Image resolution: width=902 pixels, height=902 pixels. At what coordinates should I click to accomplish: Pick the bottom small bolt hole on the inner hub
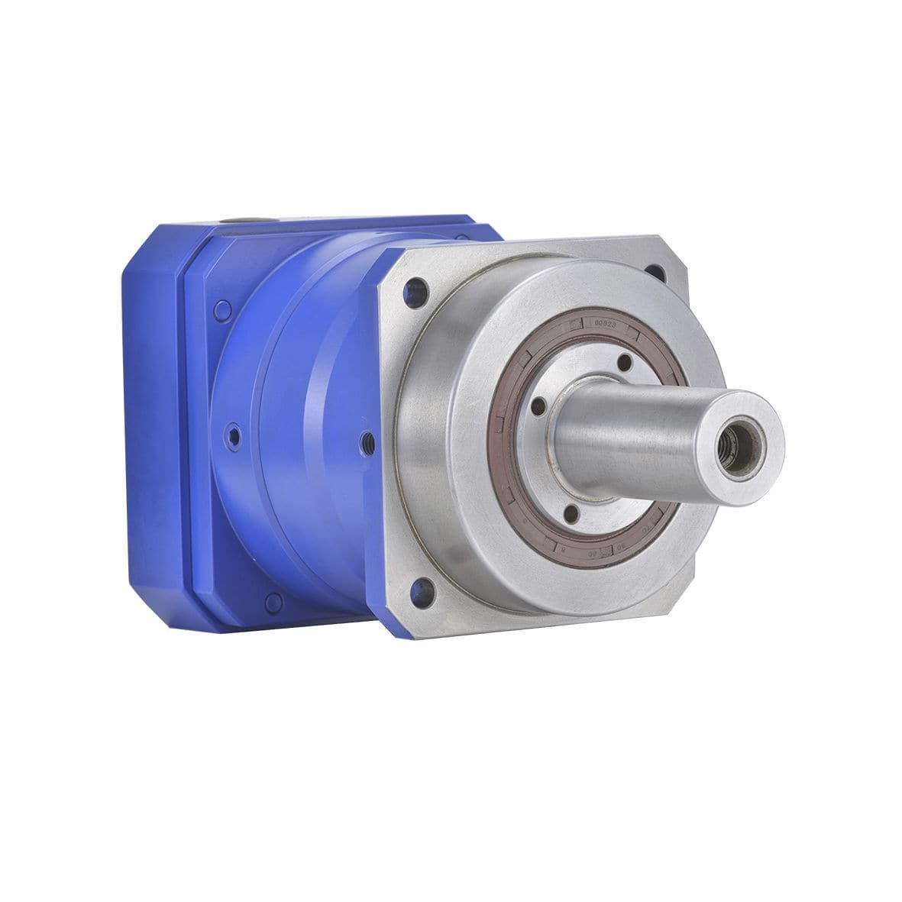(570, 514)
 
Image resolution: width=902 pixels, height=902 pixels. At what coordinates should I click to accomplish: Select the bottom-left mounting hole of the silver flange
(419, 588)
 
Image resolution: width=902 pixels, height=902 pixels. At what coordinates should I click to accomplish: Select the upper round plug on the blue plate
(222, 310)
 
